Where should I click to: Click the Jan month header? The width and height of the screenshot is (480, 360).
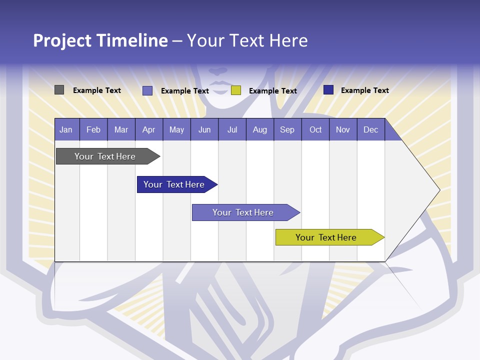coord(66,129)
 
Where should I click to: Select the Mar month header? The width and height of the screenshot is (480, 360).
coord(121,129)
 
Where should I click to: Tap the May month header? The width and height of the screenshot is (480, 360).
coord(176,129)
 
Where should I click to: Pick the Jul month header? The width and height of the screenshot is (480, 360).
coord(232,129)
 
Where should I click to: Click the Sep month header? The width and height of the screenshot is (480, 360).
coord(287,129)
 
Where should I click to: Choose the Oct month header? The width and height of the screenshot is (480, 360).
coord(315,129)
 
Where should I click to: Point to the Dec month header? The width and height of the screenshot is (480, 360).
coord(370,129)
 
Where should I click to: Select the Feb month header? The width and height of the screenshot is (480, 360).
coord(93,129)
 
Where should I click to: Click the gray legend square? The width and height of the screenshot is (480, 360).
coord(59,90)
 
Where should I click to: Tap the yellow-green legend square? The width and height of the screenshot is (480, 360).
coord(236,90)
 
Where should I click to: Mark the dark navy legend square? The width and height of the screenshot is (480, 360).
coord(328,90)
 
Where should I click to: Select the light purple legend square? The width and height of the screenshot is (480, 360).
coord(147,90)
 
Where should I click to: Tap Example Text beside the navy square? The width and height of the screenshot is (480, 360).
coord(364,90)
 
